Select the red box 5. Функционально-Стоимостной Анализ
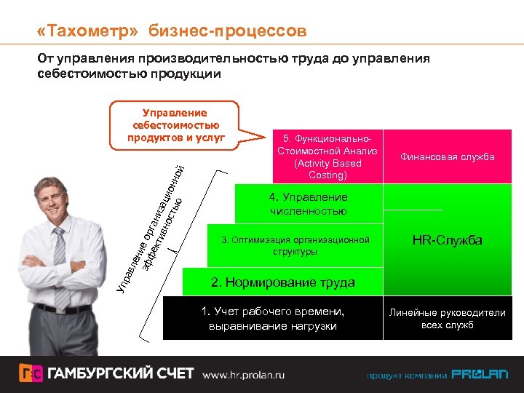327,157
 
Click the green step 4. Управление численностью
308,204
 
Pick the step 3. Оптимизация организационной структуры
295,245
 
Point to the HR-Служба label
447,240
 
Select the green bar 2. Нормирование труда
282,282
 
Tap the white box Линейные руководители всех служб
447,319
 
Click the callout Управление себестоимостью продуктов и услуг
175,124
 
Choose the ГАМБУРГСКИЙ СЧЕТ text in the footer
121,374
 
